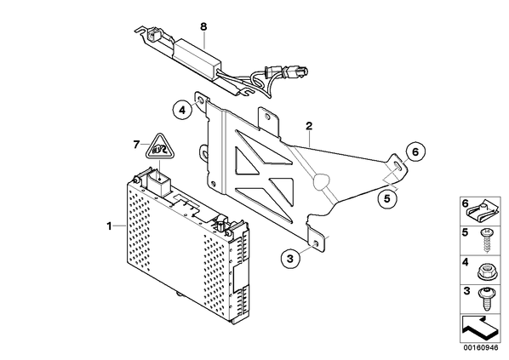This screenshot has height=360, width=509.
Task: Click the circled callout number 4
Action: (182, 111)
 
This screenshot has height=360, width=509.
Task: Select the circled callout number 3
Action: (290, 259)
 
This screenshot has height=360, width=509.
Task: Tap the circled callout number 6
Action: (415, 151)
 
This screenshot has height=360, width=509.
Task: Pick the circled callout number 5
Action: (387, 198)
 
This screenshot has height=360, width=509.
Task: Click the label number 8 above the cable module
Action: (203, 26)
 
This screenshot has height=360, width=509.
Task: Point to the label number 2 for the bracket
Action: (309, 126)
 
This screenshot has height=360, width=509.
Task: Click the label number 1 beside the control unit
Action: (110, 226)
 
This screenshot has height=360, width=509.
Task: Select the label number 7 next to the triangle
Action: (136, 145)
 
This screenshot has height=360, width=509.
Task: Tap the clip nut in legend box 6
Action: (483, 213)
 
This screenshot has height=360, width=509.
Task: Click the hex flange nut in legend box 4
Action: (485, 271)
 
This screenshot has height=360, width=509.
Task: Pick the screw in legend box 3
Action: (486, 299)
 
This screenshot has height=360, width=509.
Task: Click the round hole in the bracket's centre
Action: (321, 182)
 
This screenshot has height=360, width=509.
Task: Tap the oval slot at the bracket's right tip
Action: (397, 166)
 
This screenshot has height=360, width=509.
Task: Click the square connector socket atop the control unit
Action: (157, 184)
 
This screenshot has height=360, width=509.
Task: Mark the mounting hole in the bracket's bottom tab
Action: (315, 243)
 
